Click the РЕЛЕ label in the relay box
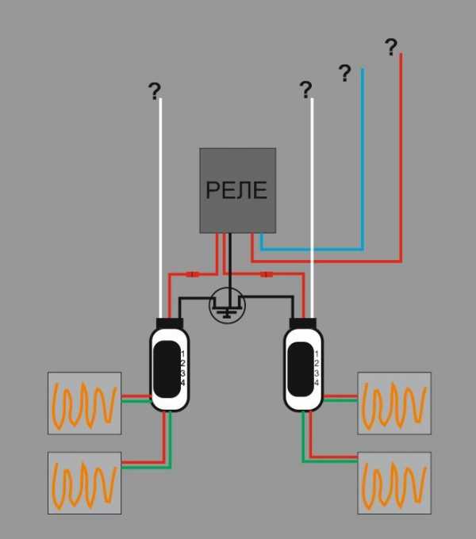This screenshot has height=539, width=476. (236, 190)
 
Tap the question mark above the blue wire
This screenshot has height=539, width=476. (344, 74)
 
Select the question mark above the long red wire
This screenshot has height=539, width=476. (391, 48)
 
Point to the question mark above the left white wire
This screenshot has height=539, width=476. (155, 92)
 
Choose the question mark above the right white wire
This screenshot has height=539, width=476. (305, 90)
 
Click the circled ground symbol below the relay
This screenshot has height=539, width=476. (228, 305)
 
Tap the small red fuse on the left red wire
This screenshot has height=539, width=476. (191, 275)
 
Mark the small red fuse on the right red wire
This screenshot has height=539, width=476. (267, 275)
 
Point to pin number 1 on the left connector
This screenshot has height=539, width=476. (182, 352)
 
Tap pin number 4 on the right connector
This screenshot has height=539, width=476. (317, 383)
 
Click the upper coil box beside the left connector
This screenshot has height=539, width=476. (84, 403)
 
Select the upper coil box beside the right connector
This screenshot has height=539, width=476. (394, 403)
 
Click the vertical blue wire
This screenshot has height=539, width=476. (363, 159)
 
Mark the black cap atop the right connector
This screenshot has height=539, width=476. (304, 323)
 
